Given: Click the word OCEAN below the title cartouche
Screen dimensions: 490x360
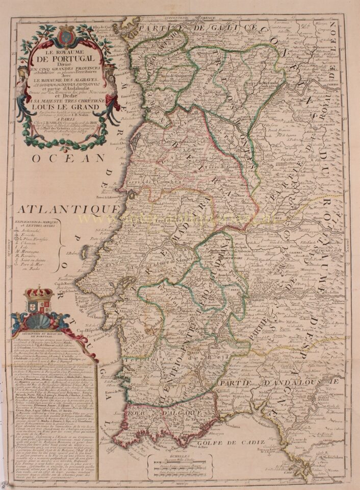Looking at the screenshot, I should (x=61, y=159).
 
